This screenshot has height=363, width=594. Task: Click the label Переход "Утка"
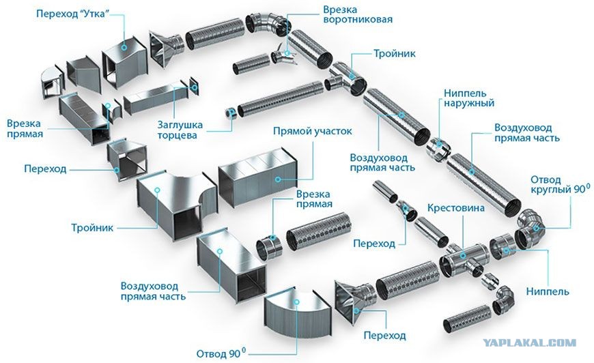point(72,14)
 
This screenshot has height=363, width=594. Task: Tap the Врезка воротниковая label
point(358,14)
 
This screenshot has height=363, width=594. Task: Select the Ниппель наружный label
point(469,98)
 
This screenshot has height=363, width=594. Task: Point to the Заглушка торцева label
point(180,130)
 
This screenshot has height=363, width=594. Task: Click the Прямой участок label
point(312,131)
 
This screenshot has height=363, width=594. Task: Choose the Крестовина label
point(455,208)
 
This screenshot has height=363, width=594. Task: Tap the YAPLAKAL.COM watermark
point(530,343)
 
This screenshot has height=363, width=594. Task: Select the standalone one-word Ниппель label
point(548,291)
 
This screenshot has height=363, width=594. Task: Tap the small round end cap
point(230,113)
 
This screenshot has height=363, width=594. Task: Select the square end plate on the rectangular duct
point(194,87)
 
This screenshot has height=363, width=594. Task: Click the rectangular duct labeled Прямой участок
point(258,177)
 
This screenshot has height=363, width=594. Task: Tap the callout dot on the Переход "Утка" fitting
point(124,48)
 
